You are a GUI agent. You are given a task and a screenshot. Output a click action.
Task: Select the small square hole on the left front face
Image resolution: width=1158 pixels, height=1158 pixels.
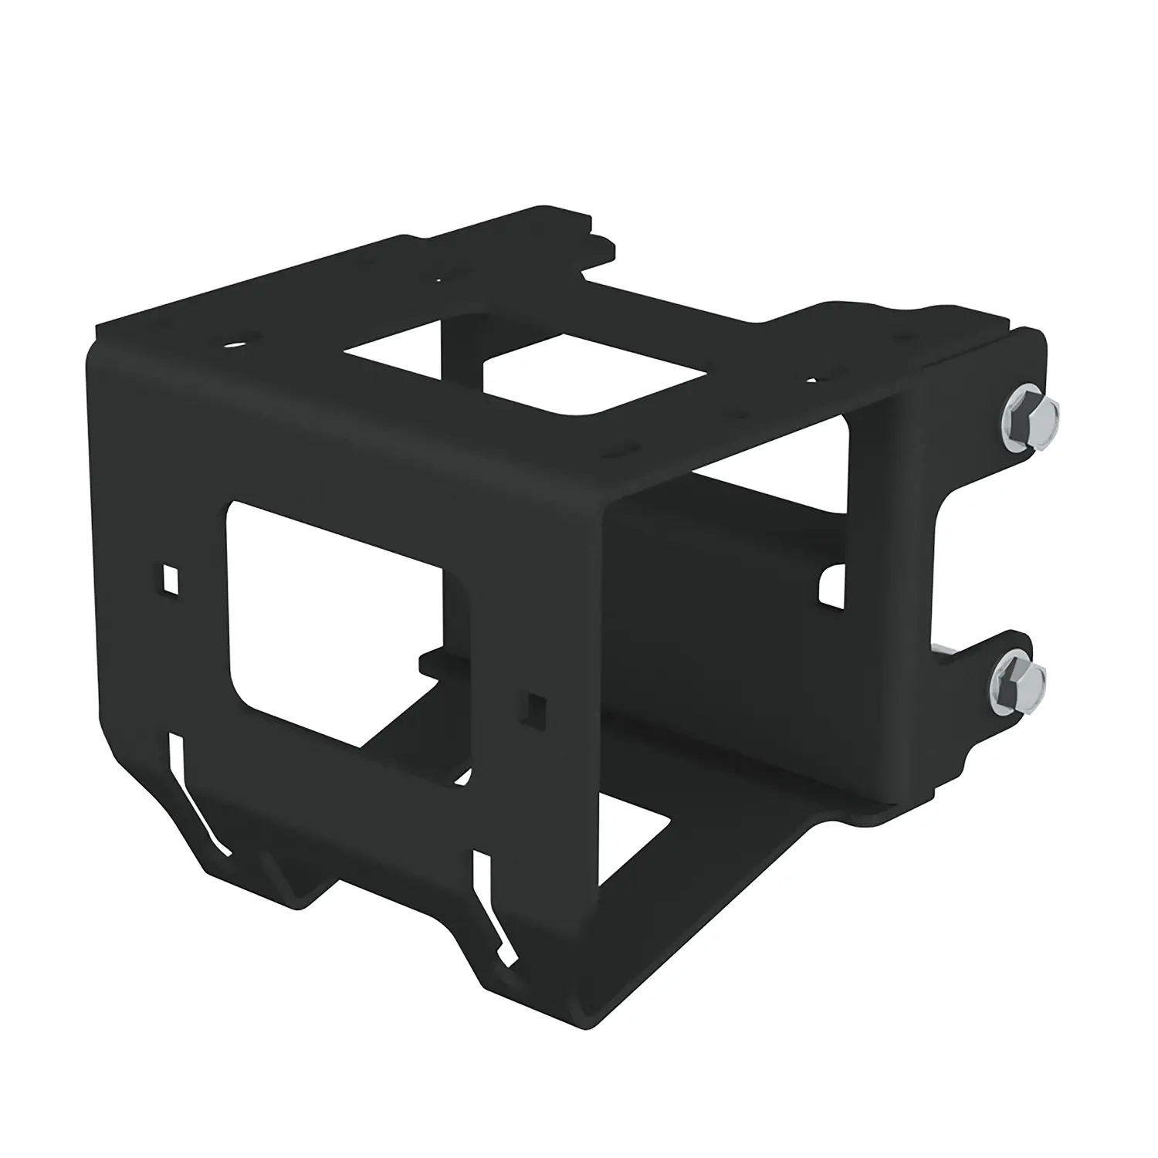[171, 580]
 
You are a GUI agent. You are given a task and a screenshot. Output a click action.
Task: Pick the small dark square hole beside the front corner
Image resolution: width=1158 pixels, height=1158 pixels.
[534, 703]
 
